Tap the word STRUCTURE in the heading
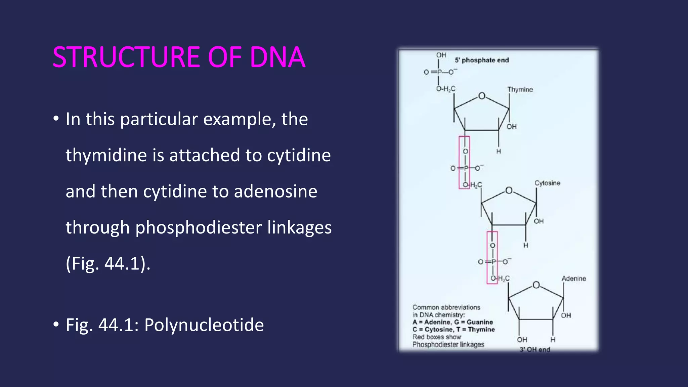[127, 57]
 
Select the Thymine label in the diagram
[520, 90]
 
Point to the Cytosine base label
[547, 183]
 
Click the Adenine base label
[574, 278]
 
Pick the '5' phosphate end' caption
[482, 60]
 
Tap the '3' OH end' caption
[535, 349]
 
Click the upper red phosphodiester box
[464, 163]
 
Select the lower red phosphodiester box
[492, 258]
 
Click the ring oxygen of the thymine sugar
[482, 96]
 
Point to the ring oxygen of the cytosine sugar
[509, 191]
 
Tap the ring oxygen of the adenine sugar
[536, 285]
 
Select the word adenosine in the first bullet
[275, 191]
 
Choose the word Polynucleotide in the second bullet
[204, 325]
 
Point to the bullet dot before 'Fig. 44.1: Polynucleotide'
[56, 325]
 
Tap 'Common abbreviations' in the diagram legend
[446, 307]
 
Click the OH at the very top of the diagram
[441, 55]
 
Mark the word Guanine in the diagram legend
[479, 322]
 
